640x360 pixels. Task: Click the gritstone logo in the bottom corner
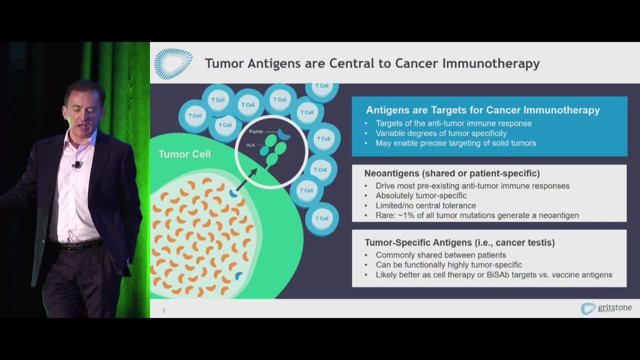(606, 308)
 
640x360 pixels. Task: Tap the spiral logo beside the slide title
(173, 63)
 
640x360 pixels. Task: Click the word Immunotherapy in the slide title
(491, 63)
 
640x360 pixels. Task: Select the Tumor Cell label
(184, 154)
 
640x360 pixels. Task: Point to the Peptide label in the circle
(256, 131)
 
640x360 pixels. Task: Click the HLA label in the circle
(250, 145)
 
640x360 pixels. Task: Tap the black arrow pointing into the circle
(247, 179)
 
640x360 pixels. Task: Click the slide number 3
(163, 310)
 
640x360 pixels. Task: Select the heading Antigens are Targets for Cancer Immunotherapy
(483, 110)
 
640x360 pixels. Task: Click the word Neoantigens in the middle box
(391, 173)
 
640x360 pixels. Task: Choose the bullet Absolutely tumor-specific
(421, 195)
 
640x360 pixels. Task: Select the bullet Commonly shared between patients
(441, 255)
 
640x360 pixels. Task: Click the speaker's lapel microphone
(77, 164)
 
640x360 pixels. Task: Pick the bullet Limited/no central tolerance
(425, 205)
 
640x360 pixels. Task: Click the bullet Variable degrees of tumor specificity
(441, 133)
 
